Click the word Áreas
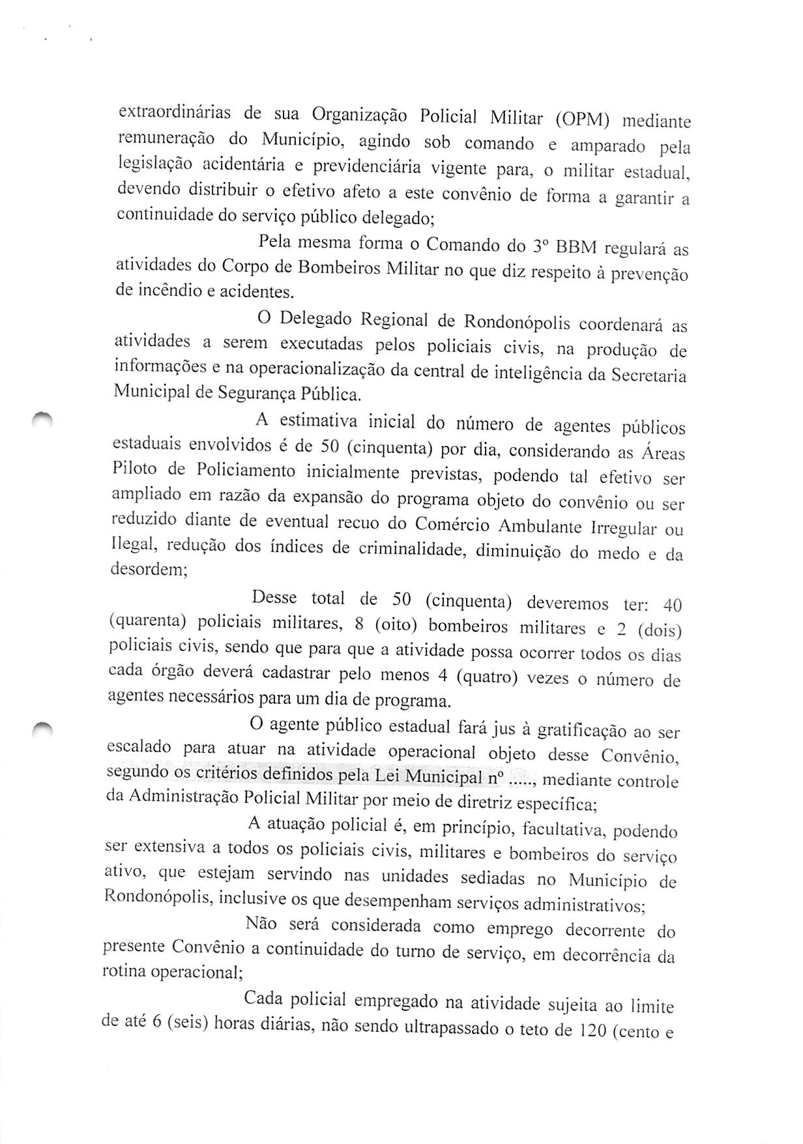[x=663, y=452]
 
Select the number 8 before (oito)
[x=358, y=624]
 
